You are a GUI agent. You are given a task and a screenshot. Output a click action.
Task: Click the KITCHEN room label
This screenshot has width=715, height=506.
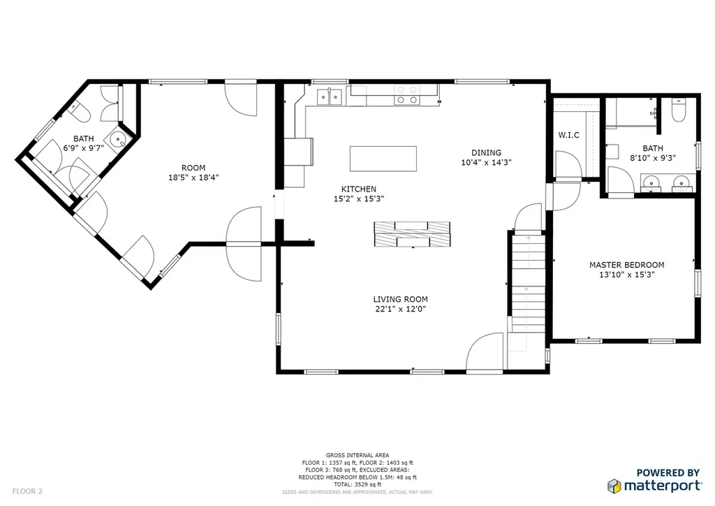[359, 189]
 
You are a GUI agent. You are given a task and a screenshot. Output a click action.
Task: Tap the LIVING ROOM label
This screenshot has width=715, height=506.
[400, 299]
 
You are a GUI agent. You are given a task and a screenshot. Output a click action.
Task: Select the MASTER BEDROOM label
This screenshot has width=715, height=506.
[626, 265]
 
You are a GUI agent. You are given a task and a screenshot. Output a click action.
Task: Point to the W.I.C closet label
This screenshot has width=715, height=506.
[568, 135]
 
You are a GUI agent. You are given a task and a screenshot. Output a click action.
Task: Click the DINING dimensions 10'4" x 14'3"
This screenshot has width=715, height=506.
[486, 162]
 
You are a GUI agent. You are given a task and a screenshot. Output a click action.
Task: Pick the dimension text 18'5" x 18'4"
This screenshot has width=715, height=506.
[193, 178]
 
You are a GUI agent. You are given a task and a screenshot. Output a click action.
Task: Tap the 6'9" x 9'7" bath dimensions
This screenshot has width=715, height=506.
[84, 148]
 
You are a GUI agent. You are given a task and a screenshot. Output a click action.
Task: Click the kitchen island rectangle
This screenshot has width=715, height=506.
[383, 159]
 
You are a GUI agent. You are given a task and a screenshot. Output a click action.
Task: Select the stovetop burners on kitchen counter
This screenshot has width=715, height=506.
[407, 95]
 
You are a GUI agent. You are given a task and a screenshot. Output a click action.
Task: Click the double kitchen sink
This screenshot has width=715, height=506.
[330, 96]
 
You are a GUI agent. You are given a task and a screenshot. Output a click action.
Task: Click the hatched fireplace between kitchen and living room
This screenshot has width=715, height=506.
[412, 234]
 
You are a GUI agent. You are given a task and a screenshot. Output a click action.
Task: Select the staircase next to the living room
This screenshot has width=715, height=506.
[528, 283]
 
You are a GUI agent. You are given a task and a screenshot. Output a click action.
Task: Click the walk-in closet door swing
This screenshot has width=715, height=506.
[568, 164]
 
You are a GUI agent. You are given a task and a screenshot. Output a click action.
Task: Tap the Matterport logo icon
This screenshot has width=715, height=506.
[614, 486]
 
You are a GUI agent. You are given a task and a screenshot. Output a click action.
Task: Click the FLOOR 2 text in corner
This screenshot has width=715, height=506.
[27, 491]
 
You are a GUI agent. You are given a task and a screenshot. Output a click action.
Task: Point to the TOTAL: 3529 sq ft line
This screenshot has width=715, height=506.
[357, 484]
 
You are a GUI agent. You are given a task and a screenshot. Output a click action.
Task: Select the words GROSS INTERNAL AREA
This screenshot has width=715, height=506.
[357, 455]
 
